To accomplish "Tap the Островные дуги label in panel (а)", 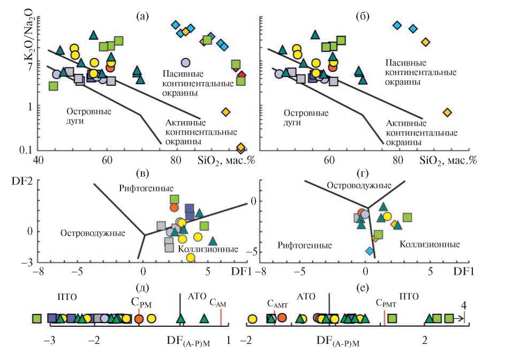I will click(88, 116).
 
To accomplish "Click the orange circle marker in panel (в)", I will click(174, 207).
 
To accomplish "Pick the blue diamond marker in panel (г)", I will click(369, 251).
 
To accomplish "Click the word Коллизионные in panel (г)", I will click(428, 244).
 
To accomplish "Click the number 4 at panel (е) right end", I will click(464, 305).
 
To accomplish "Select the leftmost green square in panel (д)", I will click(37, 318).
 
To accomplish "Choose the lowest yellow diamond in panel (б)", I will click(447, 112).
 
